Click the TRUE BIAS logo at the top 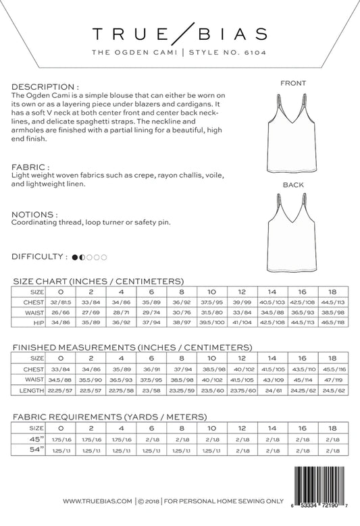180,34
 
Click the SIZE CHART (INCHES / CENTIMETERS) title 98,280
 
